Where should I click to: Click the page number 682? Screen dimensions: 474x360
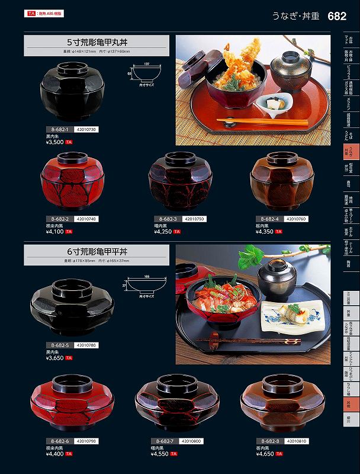[x=337, y=17]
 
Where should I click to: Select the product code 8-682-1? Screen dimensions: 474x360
[x=60, y=129]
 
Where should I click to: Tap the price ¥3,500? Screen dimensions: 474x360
[x=54, y=143]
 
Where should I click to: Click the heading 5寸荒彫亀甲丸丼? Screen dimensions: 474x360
[x=97, y=43]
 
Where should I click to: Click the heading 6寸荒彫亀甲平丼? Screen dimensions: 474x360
[x=97, y=251]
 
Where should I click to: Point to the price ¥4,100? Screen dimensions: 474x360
[x=54, y=232]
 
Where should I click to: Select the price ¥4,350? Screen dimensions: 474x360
[x=266, y=232]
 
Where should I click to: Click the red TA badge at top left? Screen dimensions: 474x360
[x=30, y=13]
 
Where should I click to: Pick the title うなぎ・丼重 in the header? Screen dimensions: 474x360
[x=296, y=17]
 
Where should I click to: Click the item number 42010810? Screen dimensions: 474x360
[x=297, y=441]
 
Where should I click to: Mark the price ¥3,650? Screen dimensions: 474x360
[x=54, y=358]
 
